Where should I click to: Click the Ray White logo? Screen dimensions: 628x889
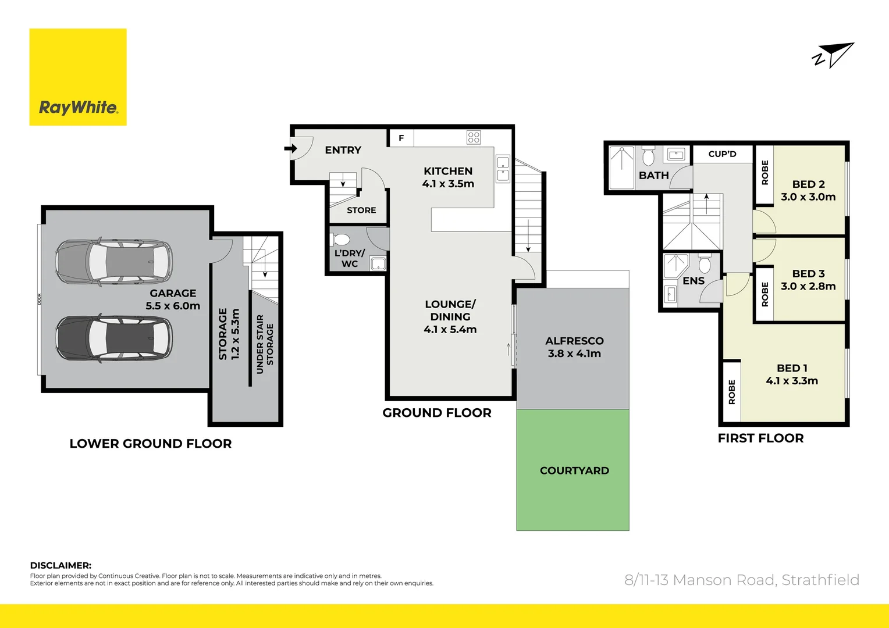(78, 77)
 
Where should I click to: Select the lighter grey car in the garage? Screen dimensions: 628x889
(114, 262)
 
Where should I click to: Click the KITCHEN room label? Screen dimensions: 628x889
(448, 171)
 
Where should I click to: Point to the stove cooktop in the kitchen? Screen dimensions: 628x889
(474, 137)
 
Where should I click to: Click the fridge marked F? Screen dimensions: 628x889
(401, 138)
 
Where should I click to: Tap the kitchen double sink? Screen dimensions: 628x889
(503, 168)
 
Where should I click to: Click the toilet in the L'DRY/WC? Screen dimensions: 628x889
(340, 240)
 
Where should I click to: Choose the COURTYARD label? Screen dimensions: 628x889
(574, 470)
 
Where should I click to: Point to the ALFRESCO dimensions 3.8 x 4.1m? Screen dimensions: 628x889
(574, 354)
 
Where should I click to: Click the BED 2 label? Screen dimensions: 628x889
(808, 184)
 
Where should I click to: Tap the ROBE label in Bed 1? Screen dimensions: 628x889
(732, 392)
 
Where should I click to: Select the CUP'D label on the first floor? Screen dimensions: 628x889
(722, 154)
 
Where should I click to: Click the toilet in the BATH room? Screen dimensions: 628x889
(648, 156)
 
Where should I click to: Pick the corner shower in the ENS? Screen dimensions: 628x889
(676, 265)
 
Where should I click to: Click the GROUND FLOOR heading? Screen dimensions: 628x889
(437, 413)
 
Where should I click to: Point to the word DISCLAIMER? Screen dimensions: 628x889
(61, 565)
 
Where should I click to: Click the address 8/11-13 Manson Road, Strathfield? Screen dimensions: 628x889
(742, 580)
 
